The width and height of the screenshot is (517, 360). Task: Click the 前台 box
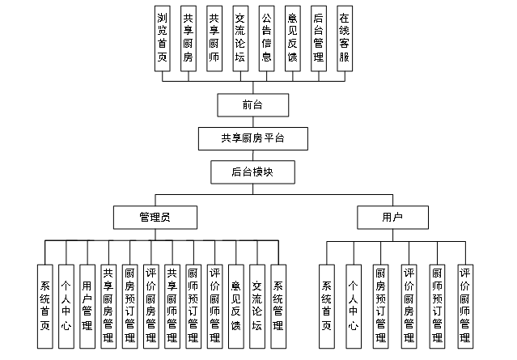pos(252,105)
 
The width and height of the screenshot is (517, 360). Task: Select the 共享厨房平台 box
pos(252,138)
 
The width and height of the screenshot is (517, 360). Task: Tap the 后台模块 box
pos(252,172)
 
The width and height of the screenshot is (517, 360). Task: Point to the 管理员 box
pos(155,218)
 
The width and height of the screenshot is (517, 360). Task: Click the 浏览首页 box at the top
pos(163,38)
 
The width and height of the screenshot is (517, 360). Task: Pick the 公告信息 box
pos(265,38)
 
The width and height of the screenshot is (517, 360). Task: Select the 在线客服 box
pos(343,38)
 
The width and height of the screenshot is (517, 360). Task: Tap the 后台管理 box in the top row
pos(318,38)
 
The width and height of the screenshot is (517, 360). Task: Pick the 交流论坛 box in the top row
pos(239,38)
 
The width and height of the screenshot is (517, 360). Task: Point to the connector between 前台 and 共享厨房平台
pos(252,121)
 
